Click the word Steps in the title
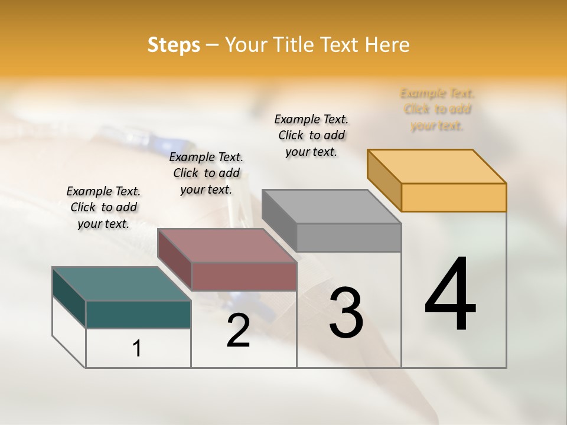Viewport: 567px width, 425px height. (174, 45)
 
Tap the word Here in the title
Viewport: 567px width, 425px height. (387, 45)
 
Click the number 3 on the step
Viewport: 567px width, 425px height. (346, 313)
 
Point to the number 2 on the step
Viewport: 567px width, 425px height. (238, 331)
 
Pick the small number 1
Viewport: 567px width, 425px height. (137, 348)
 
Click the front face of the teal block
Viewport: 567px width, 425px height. (138, 314)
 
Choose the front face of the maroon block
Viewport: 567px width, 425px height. (244, 276)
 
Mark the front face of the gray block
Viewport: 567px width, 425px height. (348, 237)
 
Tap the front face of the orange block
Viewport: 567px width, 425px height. (454, 197)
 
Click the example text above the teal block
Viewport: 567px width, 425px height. (103, 207)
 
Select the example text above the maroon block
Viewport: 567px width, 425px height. (206, 173)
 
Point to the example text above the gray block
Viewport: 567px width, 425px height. (311, 135)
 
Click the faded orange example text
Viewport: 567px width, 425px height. (437, 109)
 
